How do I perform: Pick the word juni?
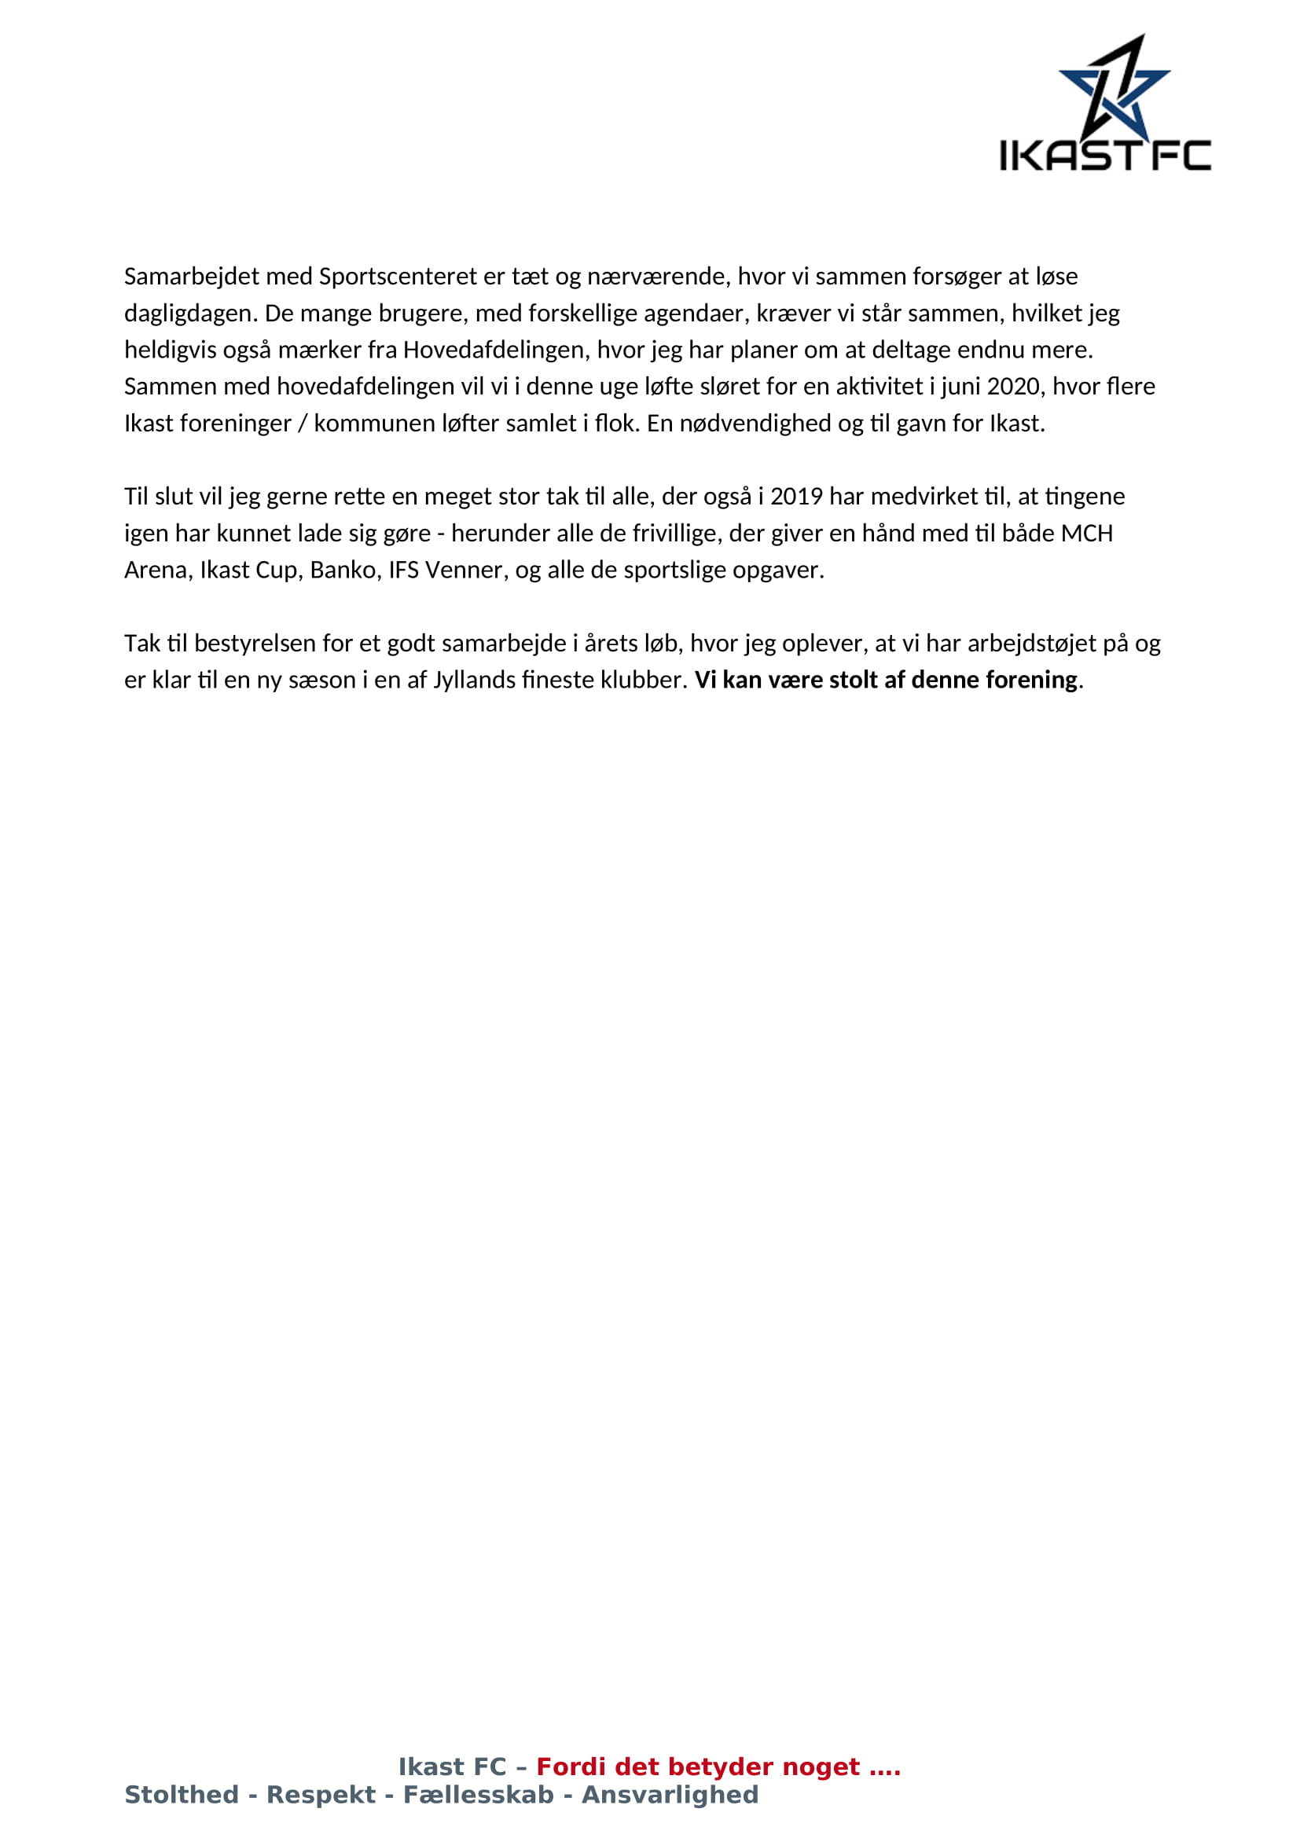pyautogui.click(x=960, y=387)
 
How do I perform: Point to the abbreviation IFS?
pyautogui.click(x=403, y=570)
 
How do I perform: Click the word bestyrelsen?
pyautogui.click(x=255, y=644)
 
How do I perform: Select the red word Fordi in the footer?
pyautogui.click(x=571, y=1766)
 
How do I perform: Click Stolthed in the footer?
pyautogui.click(x=182, y=1795)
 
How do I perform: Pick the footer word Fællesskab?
pyautogui.click(x=478, y=1795)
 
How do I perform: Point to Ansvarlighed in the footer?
pyautogui.click(x=670, y=1795)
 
